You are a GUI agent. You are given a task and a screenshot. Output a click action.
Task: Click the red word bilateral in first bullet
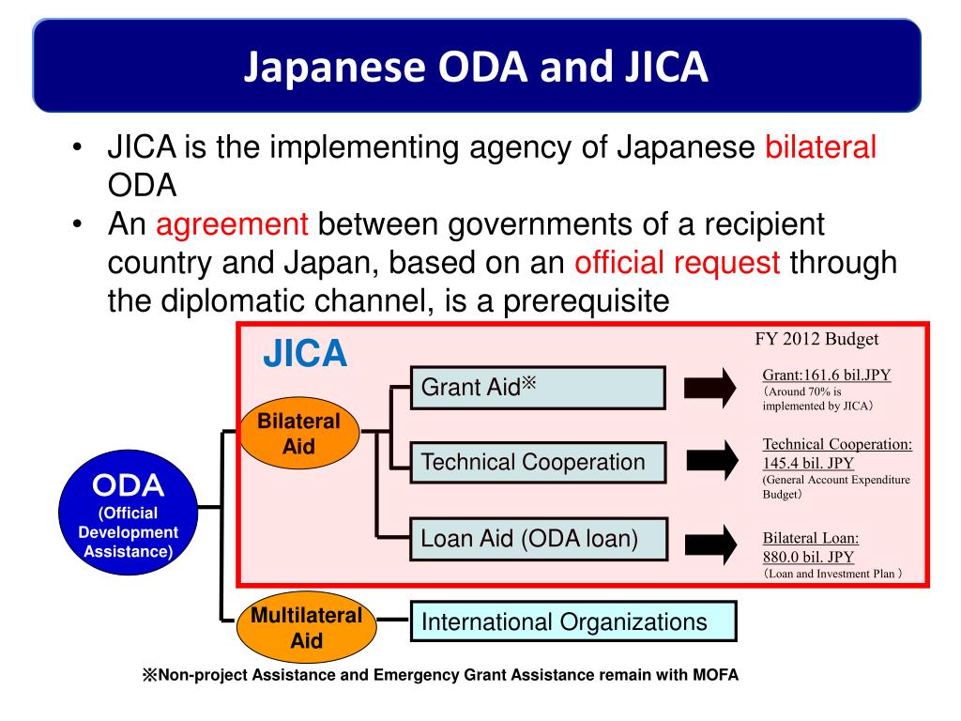click(x=821, y=147)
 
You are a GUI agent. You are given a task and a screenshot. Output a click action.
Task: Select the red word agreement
click(x=232, y=225)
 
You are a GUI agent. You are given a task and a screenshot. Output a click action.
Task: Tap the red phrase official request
click(x=678, y=263)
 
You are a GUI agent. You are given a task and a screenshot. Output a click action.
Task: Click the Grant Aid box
click(x=537, y=387)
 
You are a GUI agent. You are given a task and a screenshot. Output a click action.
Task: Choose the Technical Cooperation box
click(x=537, y=462)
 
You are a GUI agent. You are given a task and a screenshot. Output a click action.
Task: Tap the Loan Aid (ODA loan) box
click(x=537, y=539)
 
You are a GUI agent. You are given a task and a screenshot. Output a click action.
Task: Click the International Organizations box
click(x=572, y=621)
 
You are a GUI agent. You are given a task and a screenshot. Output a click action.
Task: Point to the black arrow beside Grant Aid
click(x=710, y=388)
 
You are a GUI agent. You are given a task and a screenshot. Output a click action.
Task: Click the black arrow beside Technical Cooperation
click(x=710, y=461)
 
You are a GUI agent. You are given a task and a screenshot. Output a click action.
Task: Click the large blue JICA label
click(x=304, y=355)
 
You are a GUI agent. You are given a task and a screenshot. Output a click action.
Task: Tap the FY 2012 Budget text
click(x=816, y=340)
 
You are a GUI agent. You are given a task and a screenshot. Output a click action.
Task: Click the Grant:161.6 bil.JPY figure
click(x=827, y=376)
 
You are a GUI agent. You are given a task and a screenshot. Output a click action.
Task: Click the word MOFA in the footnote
click(x=718, y=675)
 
